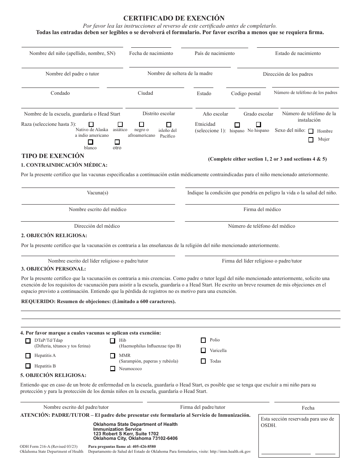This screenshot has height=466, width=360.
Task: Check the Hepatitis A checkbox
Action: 28,356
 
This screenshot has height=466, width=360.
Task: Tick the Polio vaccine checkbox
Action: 203,340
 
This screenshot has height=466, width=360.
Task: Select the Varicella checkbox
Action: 203,351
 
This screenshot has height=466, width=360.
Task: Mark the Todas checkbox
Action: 203,361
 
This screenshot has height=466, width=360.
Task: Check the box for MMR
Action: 113,356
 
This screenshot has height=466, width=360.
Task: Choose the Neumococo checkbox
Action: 113,369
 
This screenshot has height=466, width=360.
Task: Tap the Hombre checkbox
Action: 311,131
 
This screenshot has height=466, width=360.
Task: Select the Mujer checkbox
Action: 311,140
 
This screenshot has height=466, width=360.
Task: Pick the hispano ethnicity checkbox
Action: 237,125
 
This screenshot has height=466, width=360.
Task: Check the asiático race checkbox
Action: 120,124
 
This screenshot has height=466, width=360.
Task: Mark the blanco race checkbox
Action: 91,142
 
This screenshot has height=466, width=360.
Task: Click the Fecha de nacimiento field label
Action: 151,53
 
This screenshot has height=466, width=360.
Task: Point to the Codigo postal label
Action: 246,94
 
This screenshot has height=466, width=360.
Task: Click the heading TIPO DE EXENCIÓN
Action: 53,156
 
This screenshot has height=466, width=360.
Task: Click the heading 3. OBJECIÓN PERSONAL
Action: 53,269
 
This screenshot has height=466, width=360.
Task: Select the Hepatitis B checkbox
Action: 28,366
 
